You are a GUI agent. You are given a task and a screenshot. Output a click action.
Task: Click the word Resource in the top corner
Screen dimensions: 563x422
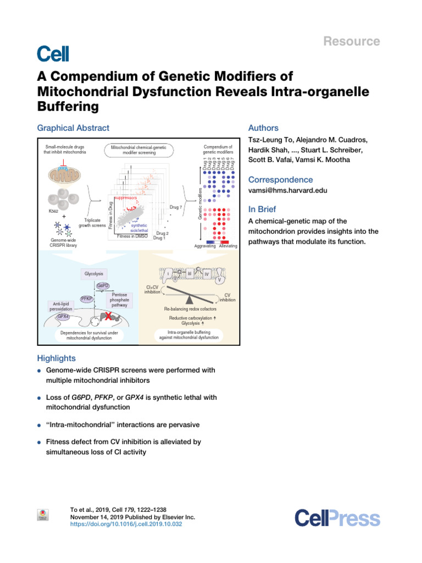click(x=358, y=41)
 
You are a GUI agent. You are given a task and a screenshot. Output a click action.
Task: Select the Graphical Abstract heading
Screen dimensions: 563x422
click(x=73, y=128)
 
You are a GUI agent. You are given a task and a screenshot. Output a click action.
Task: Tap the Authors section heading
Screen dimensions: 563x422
click(x=264, y=128)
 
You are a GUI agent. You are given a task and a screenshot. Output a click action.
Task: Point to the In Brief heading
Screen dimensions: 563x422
click(x=262, y=209)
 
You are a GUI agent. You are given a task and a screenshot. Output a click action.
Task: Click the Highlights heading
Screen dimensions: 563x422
click(x=56, y=358)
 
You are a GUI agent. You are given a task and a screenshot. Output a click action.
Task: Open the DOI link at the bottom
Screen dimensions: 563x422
click(x=126, y=525)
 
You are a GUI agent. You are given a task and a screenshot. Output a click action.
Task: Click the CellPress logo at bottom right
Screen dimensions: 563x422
click(x=337, y=518)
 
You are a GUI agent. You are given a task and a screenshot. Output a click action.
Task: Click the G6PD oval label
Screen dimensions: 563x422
click(x=103, y=286)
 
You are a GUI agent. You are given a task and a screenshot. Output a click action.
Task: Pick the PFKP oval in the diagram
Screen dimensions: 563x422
click(x=86, y=299)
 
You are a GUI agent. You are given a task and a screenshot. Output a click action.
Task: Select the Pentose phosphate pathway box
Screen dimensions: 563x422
click(x=119, y=300)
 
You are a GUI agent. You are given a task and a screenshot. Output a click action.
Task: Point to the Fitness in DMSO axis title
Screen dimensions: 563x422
click(x=132, y=236)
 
